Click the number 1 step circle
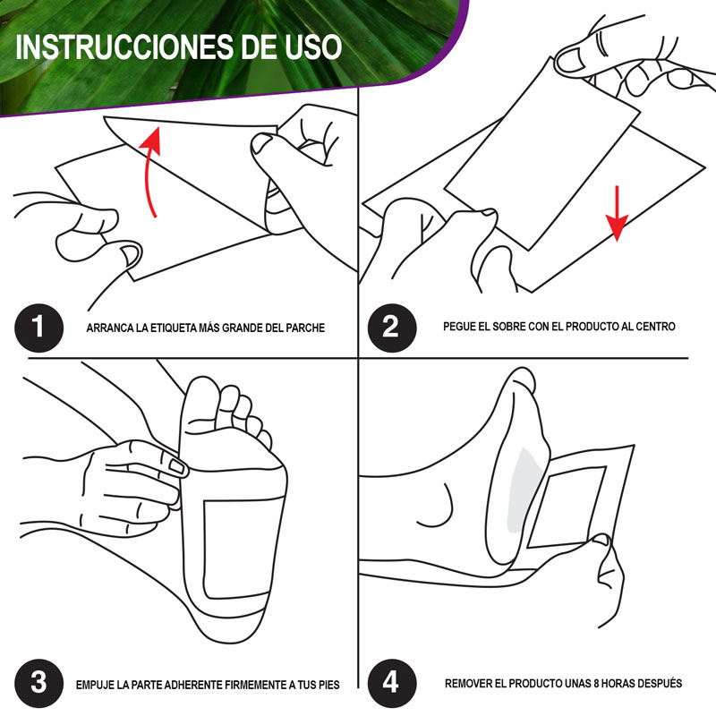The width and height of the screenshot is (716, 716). [37, 327]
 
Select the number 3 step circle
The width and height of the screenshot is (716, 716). [37, 683]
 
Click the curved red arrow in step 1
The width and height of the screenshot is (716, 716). [152, 170]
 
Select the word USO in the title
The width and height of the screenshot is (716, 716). [312, 47]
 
